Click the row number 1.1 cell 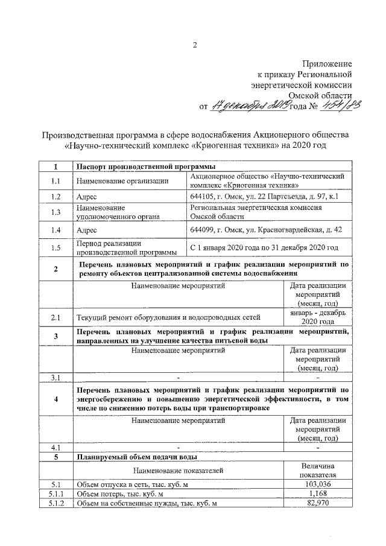(x=55, y=180)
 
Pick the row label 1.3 (x=55, y=212)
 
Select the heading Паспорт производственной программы (x=145, y=167)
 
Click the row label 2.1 (x=55, y=317)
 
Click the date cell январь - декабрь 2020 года (x=317, y=317)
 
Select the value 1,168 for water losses (x=317, y=494)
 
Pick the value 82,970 (x=317, y=503)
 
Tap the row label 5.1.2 (x=55, y=503)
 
